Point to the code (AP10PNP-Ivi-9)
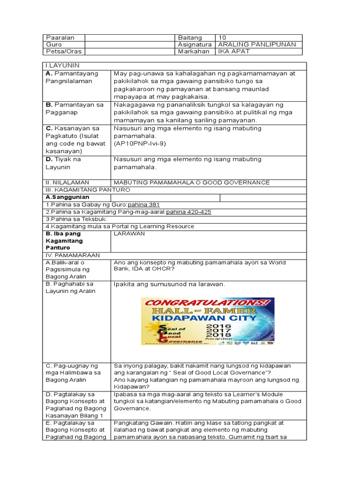pyautogui.click(x=140, y=143)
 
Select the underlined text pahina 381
pyautogui.click(x=143, y=205)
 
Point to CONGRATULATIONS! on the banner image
pyautogui.click(x=208, y=303)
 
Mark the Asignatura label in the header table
pyautogui.click(x=195, y=45)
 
